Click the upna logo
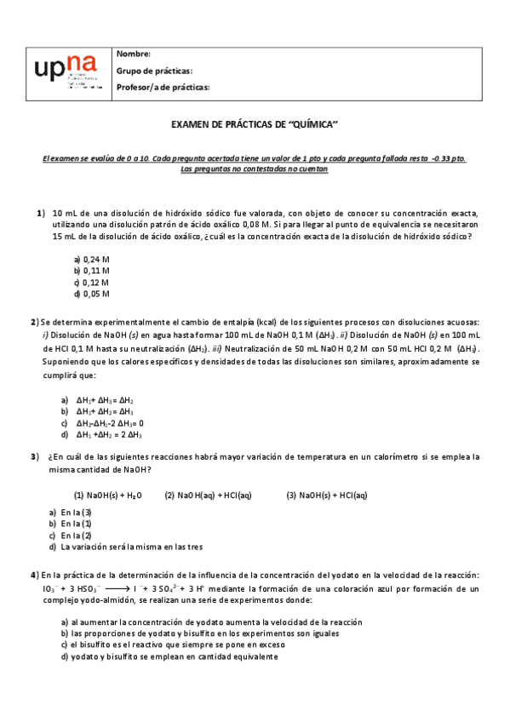[64, 73]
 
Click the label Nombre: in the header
[134, 54]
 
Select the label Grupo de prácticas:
[154, 71]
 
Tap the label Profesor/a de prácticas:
[163, 87]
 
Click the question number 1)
[40, 213]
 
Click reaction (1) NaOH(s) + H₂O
[107, 495]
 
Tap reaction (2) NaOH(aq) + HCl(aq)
[208, 495]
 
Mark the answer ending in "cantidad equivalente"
[169, 656]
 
